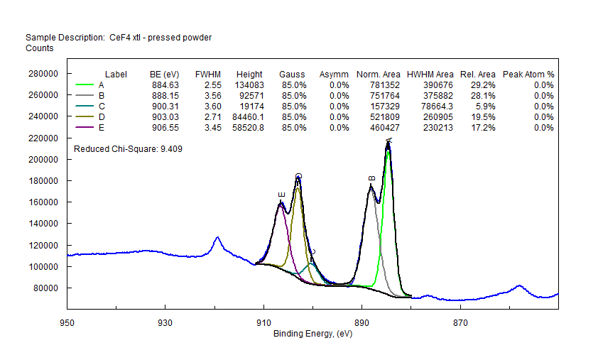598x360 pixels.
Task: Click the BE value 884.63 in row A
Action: (165, 84)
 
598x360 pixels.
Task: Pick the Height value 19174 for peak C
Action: (249, 106)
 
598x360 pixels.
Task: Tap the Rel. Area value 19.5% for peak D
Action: (483, 116)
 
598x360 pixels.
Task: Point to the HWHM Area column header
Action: (430, 74)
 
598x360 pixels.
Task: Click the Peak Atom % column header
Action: (528, 74)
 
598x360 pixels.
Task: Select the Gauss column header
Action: (292, 74)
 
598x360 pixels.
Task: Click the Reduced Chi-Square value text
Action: (129, 149)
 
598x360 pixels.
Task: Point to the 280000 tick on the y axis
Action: (42, 73)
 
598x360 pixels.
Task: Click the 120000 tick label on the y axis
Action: (42, 245)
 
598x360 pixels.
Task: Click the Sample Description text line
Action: (119, 37)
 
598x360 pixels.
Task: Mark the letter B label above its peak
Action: (371, 179)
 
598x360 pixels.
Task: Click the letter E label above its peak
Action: (281, 195)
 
